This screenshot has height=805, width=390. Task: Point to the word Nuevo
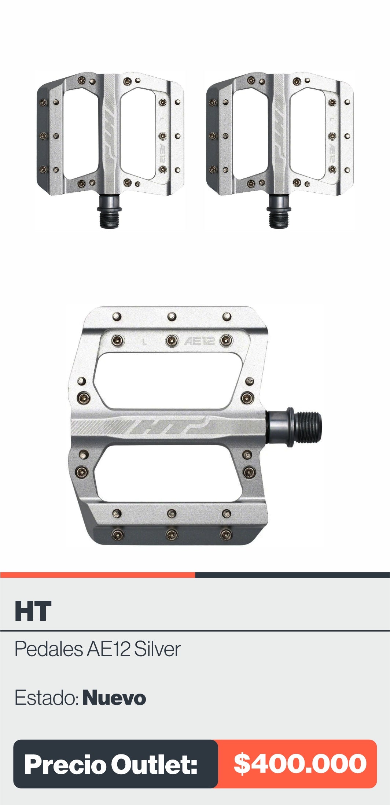pyautogui.click(x=114, y=698)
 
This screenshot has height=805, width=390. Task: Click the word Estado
pyautogui.click(x=46, y=698)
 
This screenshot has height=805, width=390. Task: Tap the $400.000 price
pyautogui.click(x=300, y=764)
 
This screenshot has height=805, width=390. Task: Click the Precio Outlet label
pyautogui.click(x=111, y=765)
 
